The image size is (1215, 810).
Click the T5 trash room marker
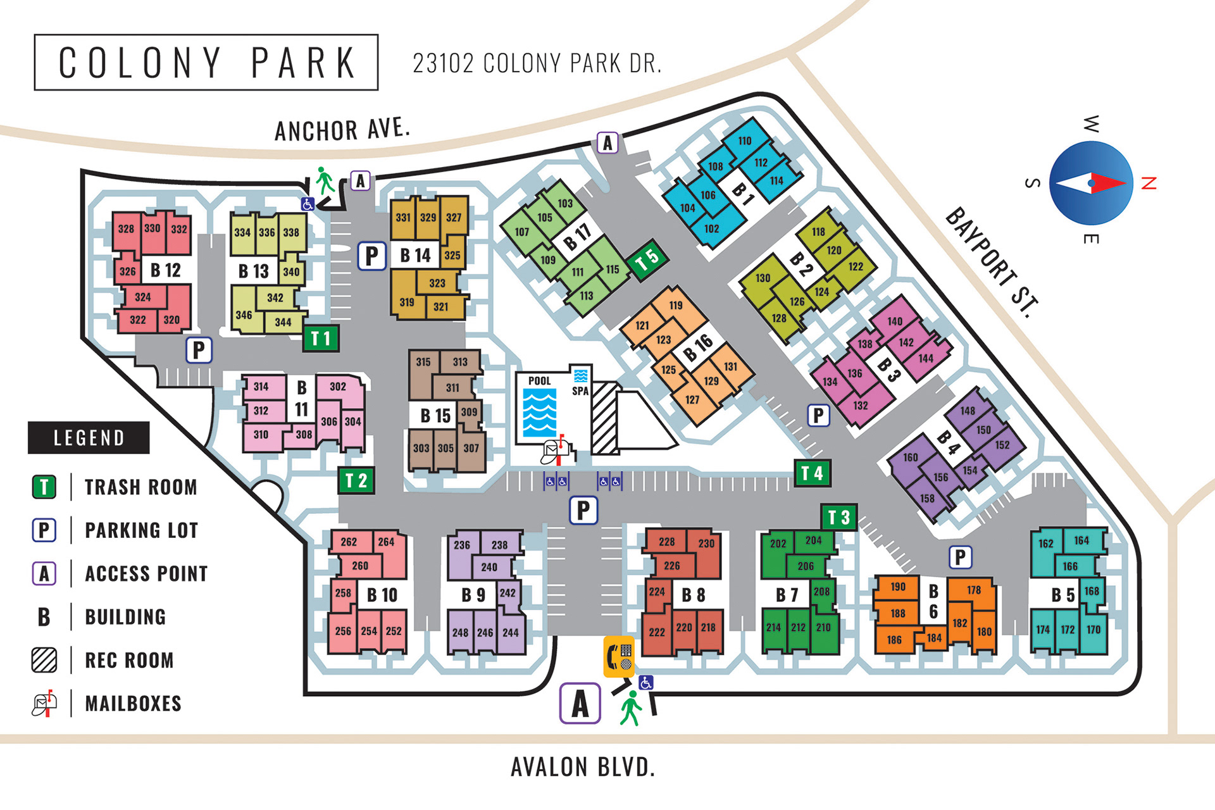pyautogui.click(x=647, y=258)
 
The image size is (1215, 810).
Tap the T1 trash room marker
pyautogui.click(x=321, y=339)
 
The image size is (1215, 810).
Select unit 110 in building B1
pyautogui.click(x=745, y=140)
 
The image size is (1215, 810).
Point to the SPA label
pyautogui.click(x=580, y=391)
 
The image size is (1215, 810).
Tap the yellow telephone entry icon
pyautogui.click(x=619, y=656)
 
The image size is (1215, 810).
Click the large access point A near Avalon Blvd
pyautogui.click(x=580, y=703)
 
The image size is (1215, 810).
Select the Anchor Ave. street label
pyautogui.click(x=342, y=130)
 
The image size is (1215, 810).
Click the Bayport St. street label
pyautogui.click(x=992, y=262)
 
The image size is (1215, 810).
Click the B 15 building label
pyautogui.click(x=435, y=416)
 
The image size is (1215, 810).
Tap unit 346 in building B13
pyautogui.click(x=244, y=315)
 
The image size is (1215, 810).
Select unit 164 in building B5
pyautogui.click(x=1081, y=540)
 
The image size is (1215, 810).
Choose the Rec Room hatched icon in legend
pyautogui.click(x=44, y=660)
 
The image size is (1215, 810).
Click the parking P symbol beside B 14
pyautogui.click(x=371, y=256)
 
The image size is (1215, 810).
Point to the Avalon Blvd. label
pyautogui.click(x=582, y=767)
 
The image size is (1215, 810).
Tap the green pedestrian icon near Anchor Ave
pyautogui.click(x=325, y=180)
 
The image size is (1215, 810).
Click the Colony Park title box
pyautogui.click(x=206, y=63)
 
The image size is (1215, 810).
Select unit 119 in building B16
pyautogui.click(x=676, y=305)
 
